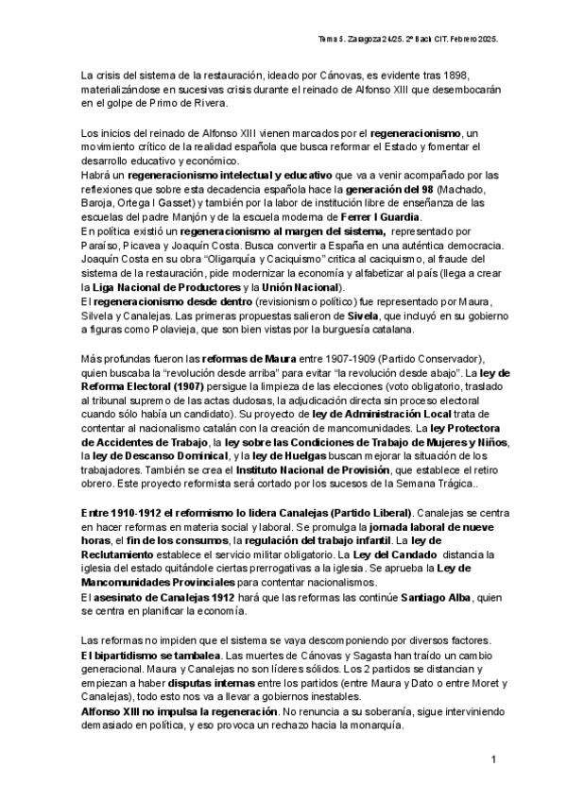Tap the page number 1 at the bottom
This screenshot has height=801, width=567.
493,759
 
